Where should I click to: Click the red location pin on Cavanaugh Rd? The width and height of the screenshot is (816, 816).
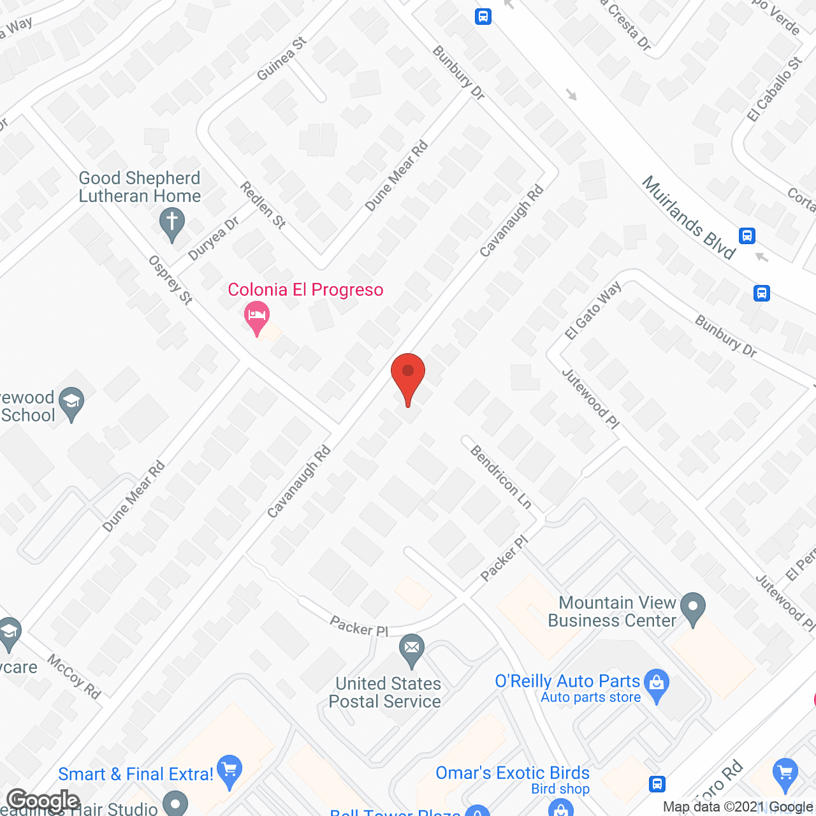[408, 376]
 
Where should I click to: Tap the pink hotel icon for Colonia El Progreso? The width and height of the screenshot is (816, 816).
[257, 317]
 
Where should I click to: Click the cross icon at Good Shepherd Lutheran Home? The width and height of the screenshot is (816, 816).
[171, 224]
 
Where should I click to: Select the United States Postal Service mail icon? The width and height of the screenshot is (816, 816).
[412, 650]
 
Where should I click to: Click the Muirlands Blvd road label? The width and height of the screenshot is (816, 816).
[689, 217]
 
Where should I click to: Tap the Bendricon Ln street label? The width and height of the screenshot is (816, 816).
[501, 477]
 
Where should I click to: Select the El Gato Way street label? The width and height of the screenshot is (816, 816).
[593, 310]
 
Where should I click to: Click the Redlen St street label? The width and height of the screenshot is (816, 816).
[263, 205]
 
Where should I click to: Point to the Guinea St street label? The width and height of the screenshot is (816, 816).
[281, 59]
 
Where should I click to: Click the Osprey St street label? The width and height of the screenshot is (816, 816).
[170, 280]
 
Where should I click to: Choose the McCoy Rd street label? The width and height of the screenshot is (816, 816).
[75, 677]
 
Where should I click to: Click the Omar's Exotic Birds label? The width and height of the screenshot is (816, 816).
[513, 773]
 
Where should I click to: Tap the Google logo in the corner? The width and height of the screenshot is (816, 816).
[43, 800]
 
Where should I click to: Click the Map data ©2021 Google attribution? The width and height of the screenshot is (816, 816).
[738, 807]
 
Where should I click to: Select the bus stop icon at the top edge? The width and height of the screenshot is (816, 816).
[483, 16]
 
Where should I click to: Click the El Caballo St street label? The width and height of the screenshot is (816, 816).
[775, 89]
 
